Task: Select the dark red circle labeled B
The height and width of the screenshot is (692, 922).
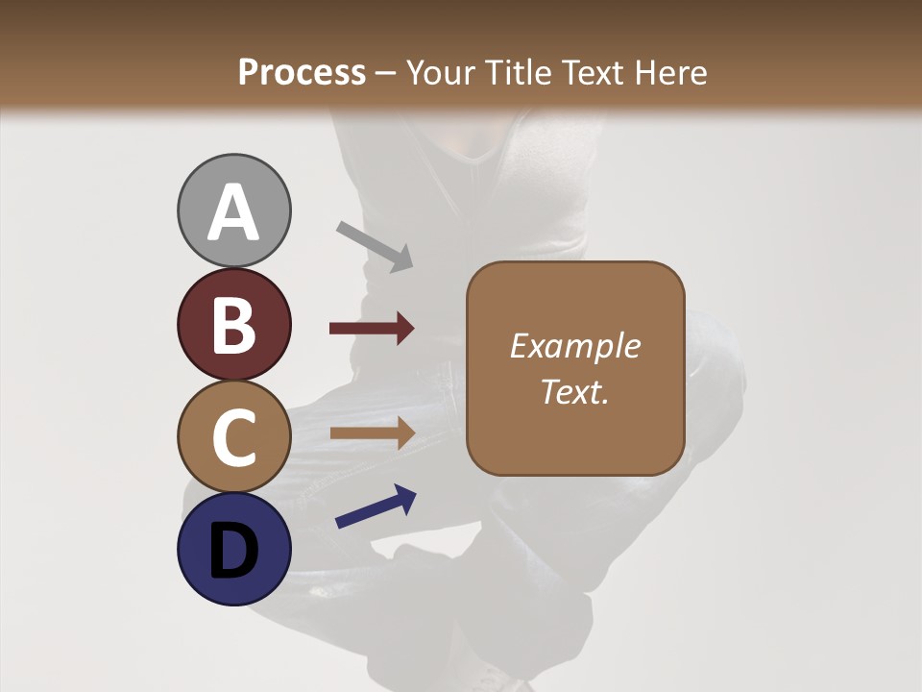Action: pos(233,324)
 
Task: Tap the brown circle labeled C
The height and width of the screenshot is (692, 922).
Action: pos(233,437)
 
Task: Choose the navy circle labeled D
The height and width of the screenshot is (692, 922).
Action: pos(233,550)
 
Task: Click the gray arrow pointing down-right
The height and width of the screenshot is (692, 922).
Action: pos(375,246)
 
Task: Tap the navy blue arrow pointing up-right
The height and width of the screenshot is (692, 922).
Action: pos(376,506)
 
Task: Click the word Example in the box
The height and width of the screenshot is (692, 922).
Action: pos(574,346)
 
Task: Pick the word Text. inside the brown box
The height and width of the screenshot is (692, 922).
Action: pos(574,391)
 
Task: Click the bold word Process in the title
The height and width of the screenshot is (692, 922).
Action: pos(302,72)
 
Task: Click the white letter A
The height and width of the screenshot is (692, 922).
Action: pos(233,213)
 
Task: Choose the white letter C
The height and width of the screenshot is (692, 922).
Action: pos(233,438)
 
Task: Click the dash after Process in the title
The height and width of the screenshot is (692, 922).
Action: pos(386,74)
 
